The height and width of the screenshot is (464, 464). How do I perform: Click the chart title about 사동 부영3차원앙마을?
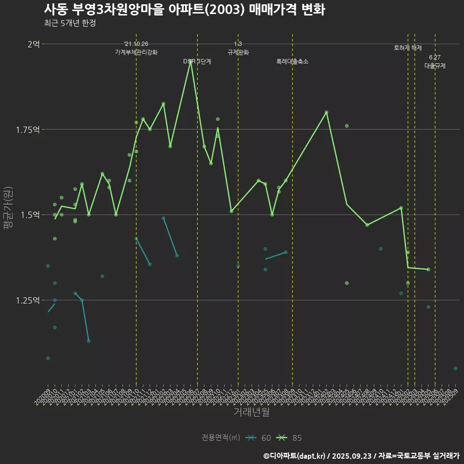pyautogui.click(x=184, y=10)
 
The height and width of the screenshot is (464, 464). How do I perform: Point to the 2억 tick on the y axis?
pyautogui.click(x=33, y=44)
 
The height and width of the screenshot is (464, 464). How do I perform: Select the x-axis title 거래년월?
pyautogui.click(x=251, y=412)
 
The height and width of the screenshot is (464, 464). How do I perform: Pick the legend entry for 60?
pyautogui.click(x=258, y=438)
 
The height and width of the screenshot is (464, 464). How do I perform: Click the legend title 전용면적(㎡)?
pyautogui.click(x=221, y=438)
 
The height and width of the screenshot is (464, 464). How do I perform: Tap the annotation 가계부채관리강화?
pyautogui.click(x=136, y=52)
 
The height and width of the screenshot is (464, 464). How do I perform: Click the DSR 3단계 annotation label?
pyautogui.click(x=197, y=62)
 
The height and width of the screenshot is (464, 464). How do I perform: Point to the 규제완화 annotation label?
pyautogui.click(x=238, y=52)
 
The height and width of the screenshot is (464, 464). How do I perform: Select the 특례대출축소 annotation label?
pyautogui.click(x=292, y=62)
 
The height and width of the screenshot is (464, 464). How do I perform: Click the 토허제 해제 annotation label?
pyautogui.click(x=407, y=48)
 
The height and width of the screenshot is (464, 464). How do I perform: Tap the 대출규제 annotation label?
pyautogui.click(x=435, y=66)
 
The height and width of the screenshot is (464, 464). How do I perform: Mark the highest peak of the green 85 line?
pyautogui.click(x=190, y=62)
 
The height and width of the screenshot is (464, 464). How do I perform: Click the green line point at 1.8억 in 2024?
pyautogui.click(x=327, y=112)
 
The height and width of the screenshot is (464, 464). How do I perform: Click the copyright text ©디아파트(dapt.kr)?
pyautogui.click(x=294, y=456)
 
